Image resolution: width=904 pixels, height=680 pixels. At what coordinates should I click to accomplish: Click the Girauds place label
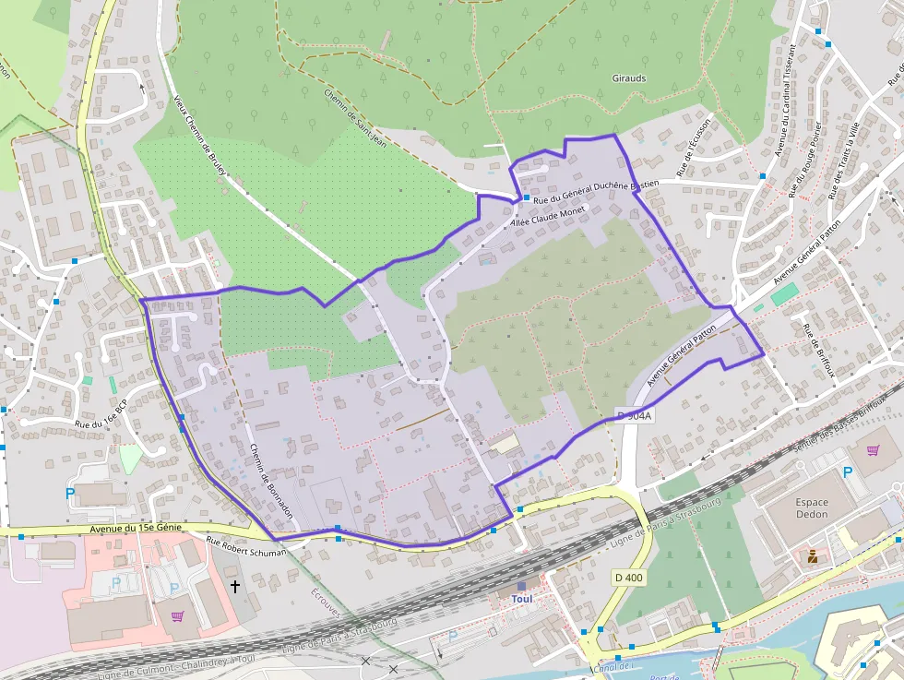[629, 78]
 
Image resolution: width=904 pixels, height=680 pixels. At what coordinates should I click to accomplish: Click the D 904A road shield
[634, 416]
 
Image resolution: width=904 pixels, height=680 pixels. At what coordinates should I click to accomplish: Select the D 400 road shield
[628, 578]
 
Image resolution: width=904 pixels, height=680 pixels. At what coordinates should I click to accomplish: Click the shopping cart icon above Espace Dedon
[873, 450]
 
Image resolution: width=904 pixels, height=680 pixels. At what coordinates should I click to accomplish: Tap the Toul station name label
[522, 598]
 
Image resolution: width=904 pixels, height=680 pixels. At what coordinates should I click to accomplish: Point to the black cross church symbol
[234, 586]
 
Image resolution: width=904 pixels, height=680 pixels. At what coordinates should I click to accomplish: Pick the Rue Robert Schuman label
[246, 545]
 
